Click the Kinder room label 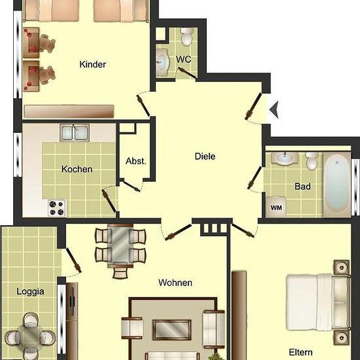[93, 64]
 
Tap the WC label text [184, 60]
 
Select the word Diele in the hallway [205, 156]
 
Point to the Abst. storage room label [135, 161]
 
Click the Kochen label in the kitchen [77, 170]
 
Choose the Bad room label [302, 186]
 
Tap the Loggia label [30, 291]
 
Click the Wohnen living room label [175, 283]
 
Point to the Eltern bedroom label [300, 352]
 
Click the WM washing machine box [276, 207]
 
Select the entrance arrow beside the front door [274, 110]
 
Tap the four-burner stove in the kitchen [57, 207]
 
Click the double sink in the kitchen [75, 132]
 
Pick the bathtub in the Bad [337, 185]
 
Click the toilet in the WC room [187, 37]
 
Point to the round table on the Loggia [30, 336]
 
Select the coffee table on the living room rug [172, 330]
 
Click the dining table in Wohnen [120, 245]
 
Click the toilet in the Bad [312, 161]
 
